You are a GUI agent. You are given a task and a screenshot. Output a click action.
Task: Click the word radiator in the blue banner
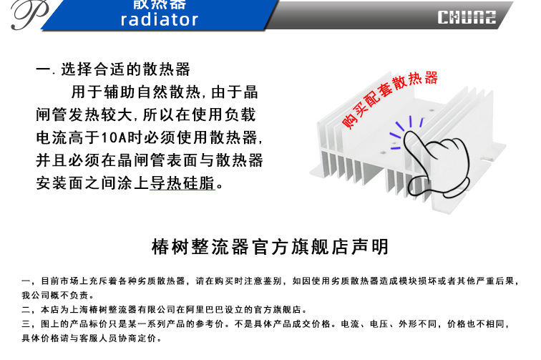tap(159, 19)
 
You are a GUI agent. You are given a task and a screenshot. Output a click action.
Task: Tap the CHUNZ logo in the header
tap(467, 16)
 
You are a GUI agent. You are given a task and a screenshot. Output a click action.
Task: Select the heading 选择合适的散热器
tap(126, 70)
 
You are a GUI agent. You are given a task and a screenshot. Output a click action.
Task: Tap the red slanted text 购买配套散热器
tap(389, 101)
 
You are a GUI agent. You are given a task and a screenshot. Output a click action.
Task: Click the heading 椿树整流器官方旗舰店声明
tap(270, 248)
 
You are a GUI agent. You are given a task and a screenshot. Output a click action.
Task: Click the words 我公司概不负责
tap(57, 295)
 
